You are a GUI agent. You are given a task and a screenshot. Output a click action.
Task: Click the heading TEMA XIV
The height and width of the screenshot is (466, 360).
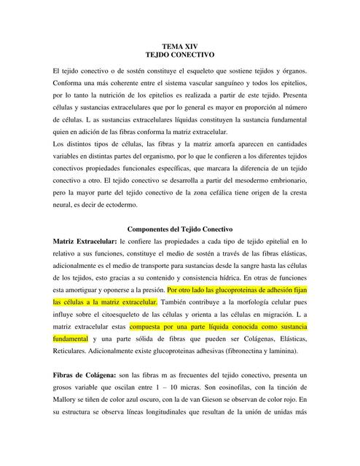point(180,46)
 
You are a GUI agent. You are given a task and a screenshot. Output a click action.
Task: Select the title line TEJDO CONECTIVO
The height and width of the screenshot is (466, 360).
point(180,55)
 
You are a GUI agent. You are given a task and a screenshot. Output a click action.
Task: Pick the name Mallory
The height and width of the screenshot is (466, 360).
point(69,400)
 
